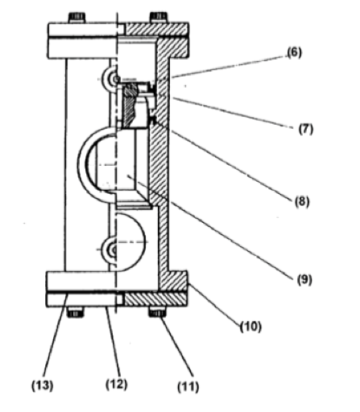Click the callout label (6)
[x=295, y=52]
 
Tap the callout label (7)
[x=306, y=129]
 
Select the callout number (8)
[x=302, y=201]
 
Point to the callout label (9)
[x=304, y=280]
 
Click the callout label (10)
[x=250, y=327]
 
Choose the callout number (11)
[x=188, y=387]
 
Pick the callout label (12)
[x=116, y=384]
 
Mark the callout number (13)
[x=43, y=385]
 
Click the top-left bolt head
[x=77, y=18]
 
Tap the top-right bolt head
[x=158, y=18]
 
